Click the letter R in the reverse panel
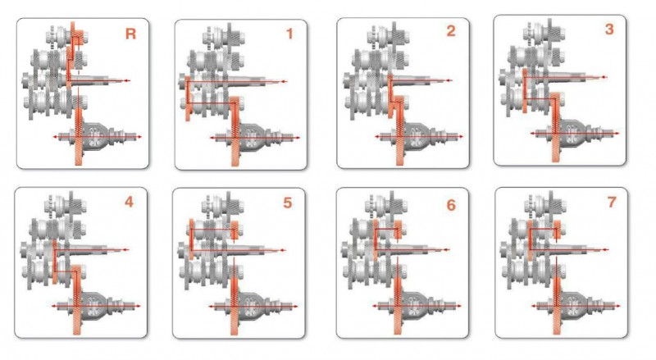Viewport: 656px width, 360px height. (130, 34)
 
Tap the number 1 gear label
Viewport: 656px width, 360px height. (289, 34)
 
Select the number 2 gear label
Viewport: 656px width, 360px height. (450, 31)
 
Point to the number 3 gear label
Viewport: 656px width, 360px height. (609, 29)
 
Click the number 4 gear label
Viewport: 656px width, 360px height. (129, 203)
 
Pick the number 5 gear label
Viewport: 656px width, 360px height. (288, 203)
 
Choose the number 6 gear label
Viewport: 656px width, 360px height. (450, 205)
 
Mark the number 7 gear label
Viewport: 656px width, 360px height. (612, 203)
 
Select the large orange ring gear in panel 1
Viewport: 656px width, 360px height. (235, 131)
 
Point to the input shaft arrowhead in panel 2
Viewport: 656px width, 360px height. (449, 80)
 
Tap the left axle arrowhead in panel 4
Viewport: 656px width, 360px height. (54, 306)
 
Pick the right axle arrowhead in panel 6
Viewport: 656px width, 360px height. (459, 306)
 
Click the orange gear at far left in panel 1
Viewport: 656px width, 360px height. (188, 98)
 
